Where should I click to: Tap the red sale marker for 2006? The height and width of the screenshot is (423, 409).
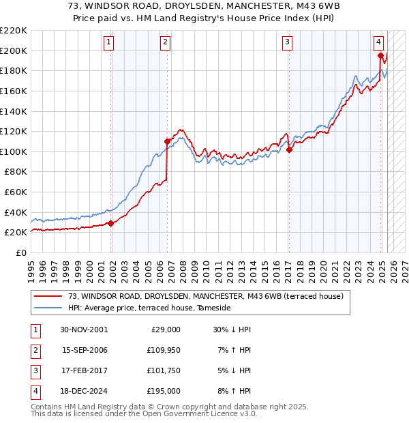167,141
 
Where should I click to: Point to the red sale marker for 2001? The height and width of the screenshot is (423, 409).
111,223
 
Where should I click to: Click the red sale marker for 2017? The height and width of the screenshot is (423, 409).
289,150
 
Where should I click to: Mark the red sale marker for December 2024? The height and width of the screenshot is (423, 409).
380,55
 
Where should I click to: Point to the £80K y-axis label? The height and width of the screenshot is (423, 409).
16,172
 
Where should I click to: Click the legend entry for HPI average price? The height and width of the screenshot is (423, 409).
149,308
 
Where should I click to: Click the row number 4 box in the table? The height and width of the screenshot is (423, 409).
35,391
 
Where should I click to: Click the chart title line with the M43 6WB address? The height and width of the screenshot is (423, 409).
204,6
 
